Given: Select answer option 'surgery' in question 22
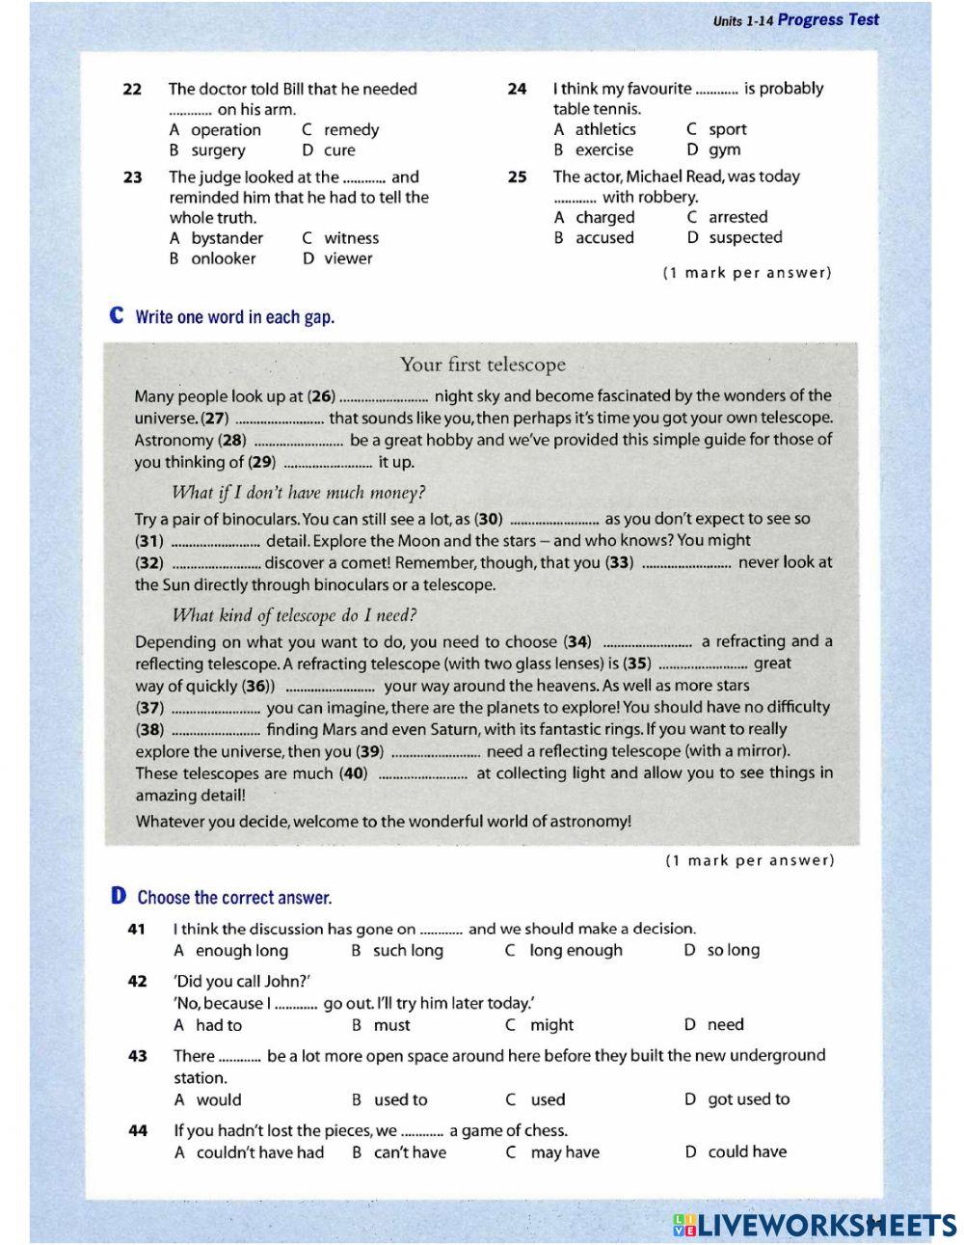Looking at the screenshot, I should pyautogui.click(x=218, y=150).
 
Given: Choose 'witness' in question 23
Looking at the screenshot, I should pyautogui.click(x=351, y=238).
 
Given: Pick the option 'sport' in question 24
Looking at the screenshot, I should pyautogui.click(x=727, y=129).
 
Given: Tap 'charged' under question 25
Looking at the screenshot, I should pyautogui.click(x=604, y=218).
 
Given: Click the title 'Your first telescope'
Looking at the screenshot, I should pyautogui.click(x=482, y=365).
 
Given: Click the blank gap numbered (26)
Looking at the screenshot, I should pyautogui.click(x=385, y=397).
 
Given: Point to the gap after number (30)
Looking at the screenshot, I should pyautogui.click(x=553, y=520).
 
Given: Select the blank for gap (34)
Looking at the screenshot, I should pyautogui.click(x=646, y=643).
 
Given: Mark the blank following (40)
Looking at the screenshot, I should pyautogui.click(x=422, y=774).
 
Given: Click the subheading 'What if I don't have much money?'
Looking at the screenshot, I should pyautogui.click(x=298, y=493).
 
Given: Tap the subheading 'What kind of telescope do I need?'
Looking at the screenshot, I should pyautogui.click(x=294, y=615).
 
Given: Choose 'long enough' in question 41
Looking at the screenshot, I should pyautogui.click(x=576, y=951).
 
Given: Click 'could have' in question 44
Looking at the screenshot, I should pyautogui.click(x=746, y=1151).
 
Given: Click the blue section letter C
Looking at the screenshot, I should pyautogui.click(x=118, y=316).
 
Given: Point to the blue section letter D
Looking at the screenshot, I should pyautogui.click(x=119, y=897).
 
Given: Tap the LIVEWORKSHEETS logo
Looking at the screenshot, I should pyautogui.click(x=815, y=1225).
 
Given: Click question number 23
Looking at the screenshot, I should pyautogui.click(x=133, y=177).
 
